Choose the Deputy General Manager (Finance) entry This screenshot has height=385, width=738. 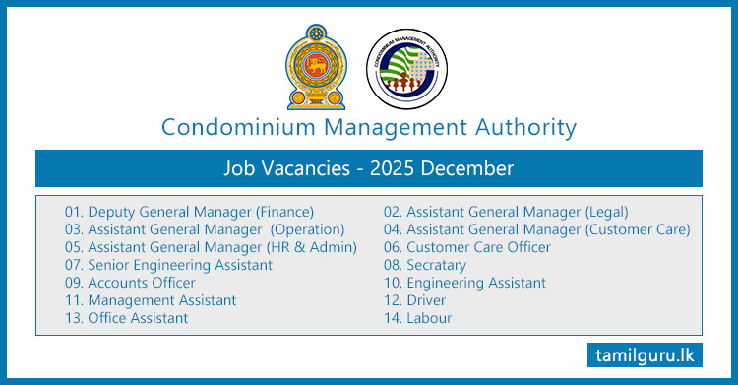coord(189,212)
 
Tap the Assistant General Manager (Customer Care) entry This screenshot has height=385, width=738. coord(536,229)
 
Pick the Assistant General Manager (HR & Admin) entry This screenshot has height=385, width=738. coord(211,247)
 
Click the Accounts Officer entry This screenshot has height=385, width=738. coord(130,283)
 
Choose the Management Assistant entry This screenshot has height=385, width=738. coord(151,300)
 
